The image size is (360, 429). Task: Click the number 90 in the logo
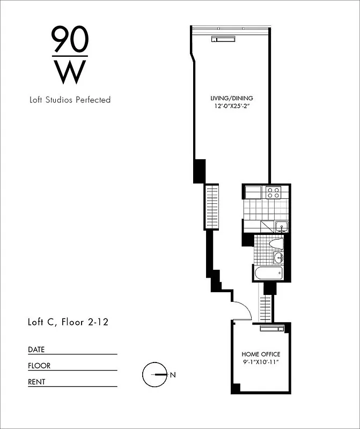70,39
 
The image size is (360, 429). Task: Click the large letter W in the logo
70,72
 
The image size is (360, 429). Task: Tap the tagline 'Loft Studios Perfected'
70,100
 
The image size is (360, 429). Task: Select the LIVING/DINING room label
231,99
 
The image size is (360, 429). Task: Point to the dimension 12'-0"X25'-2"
231,106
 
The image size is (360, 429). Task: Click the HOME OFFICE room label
261,354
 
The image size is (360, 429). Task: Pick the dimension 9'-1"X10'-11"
261,362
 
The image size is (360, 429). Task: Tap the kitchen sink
281,226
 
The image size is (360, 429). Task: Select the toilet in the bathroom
276,243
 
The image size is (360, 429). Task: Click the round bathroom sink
278,258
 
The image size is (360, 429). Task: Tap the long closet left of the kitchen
211,206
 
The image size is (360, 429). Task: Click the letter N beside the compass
173,375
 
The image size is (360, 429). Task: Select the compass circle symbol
154,375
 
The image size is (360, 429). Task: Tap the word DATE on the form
36,350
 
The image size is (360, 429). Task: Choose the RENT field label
36,382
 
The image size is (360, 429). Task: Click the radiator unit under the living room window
223,39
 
